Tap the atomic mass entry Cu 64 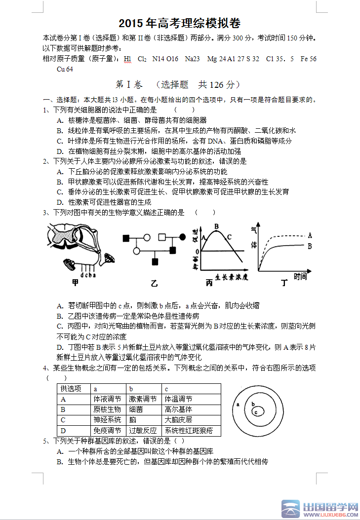point(65,69)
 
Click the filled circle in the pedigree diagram point(183,237)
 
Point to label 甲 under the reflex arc point(76,283)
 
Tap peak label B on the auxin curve point(216,226)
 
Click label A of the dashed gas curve point(310,235)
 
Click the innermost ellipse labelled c point(256,411)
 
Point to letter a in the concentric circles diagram point(238,404)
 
